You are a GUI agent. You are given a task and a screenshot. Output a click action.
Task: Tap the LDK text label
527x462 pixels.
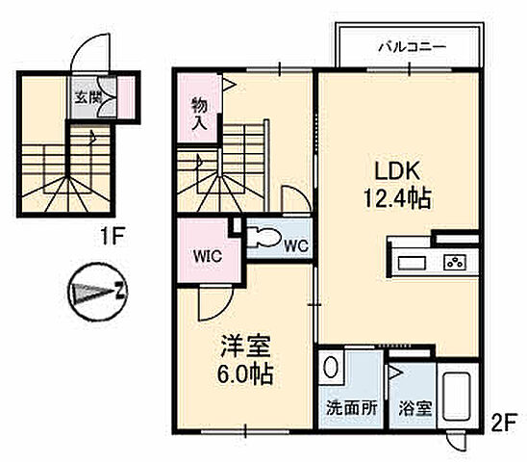pos(394,173)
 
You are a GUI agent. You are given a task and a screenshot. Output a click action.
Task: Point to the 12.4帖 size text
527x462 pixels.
pos(396,200)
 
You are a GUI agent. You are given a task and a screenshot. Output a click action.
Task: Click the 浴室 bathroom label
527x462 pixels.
pos(416,407)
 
